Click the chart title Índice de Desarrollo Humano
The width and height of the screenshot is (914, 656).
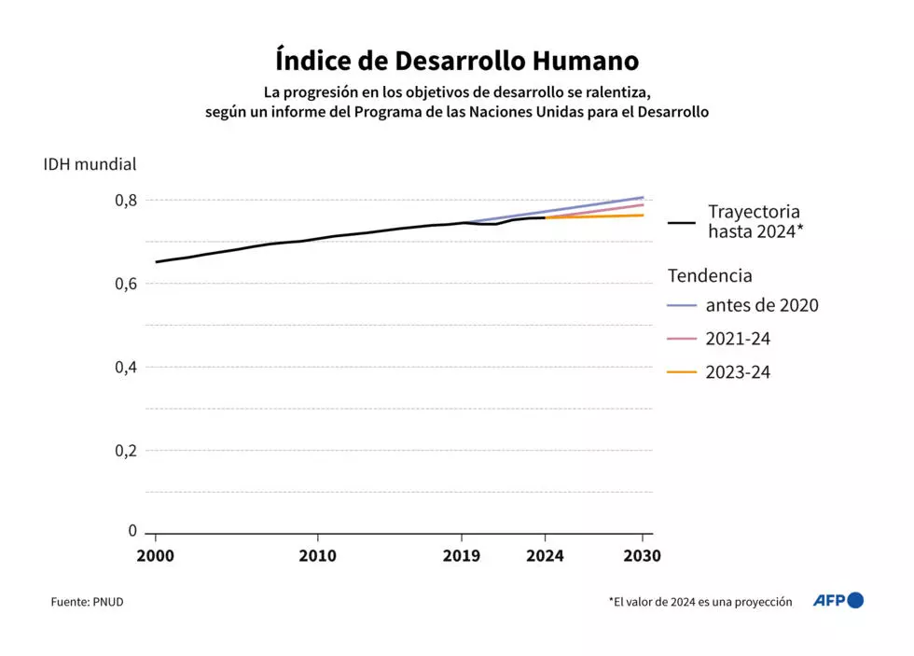coord(457,61)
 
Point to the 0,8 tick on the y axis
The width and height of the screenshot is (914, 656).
coord(126,200)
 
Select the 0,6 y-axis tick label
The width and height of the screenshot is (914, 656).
coord(126,284)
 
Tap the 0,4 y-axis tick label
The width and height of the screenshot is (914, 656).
coord(126,367)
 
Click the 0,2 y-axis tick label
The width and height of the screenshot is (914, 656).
coord(126,451)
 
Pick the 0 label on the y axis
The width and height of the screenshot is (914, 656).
coord(132,531)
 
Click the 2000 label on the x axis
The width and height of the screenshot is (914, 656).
coord(156,555)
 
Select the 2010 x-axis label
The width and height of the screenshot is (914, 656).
coord(318,555)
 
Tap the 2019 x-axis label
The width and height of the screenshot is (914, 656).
coord(462,555)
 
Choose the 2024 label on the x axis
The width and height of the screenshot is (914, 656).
coord(546,555)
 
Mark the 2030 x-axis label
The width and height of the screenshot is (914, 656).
coord(643,555)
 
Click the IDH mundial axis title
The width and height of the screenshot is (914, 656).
coord(90,164)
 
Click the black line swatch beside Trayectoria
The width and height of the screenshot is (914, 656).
coord(683,223)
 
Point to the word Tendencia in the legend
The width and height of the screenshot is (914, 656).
coord(710,275)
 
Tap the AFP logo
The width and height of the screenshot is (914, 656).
coord(838,600)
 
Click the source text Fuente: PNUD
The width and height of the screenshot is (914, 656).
coord(87,602)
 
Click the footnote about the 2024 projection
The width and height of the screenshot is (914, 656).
coord(699,602)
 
